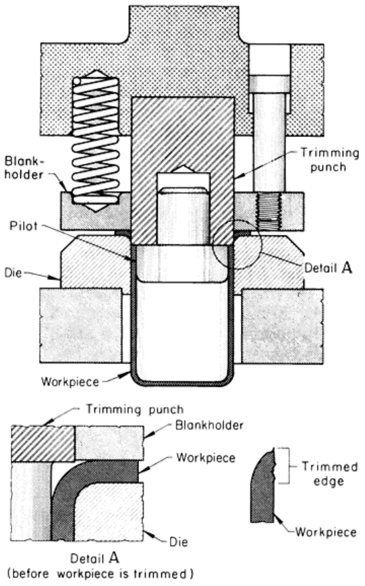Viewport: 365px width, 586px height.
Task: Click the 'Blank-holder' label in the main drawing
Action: pos(25,168)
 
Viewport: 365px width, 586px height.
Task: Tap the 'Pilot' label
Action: pos(23,225)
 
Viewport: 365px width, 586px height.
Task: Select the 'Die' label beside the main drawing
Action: pos(13,273)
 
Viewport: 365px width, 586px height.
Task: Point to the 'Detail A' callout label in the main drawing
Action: pos(329,267)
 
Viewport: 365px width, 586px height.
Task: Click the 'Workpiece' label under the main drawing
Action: pos(70,381)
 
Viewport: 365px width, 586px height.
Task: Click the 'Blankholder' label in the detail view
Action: pos(209,425)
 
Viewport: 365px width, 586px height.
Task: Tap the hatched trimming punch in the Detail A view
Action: pos(43,444)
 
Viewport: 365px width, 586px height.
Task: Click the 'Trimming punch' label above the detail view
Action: pos(135,410)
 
